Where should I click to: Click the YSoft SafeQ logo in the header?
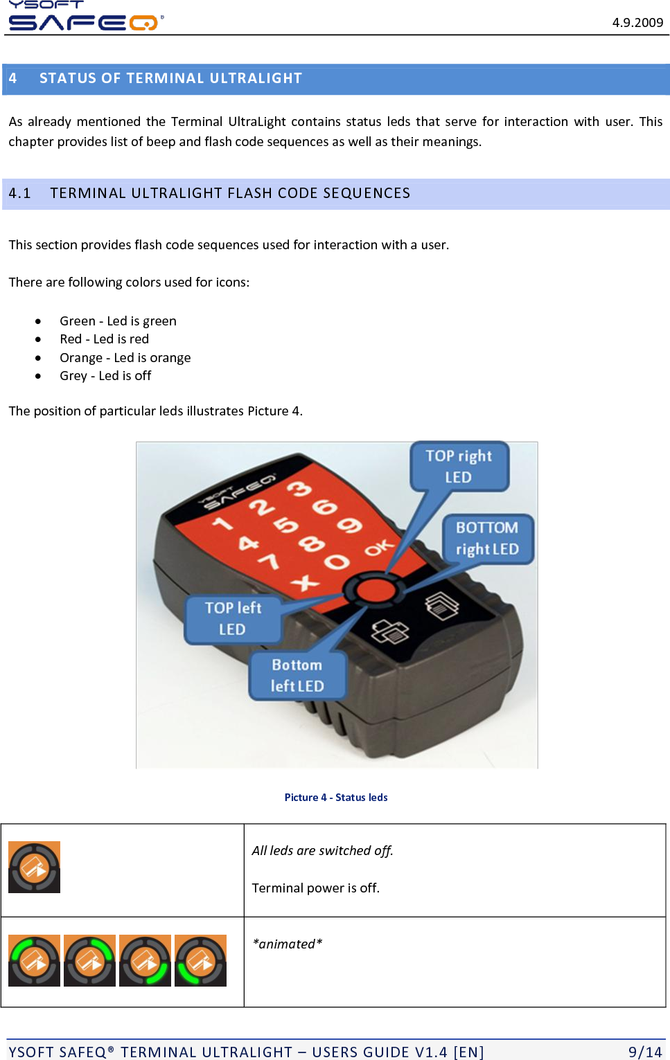(83, 17)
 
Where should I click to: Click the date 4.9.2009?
(637, 22)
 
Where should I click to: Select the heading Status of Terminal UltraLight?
(170, 78)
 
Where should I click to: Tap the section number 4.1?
(20, 193)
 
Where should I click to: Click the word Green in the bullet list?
(77, 321)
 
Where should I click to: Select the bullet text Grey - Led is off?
(105, 375)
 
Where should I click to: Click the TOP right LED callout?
(459, 466)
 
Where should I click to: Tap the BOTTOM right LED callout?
(487, 538)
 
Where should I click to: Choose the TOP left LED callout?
(233, 618)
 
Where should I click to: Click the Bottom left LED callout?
(297, 675)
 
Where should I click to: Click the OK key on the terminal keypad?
(379, 549)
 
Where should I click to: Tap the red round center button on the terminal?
(375, 590)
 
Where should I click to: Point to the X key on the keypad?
(306, 582)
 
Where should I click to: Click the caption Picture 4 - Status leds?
(336, 798)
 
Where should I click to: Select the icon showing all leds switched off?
(34, 867)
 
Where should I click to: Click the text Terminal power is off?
(316, 888)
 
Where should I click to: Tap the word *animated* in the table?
(288, 944)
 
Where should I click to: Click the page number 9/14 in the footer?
(645, 1052)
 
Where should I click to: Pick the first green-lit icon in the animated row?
(34, 960)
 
